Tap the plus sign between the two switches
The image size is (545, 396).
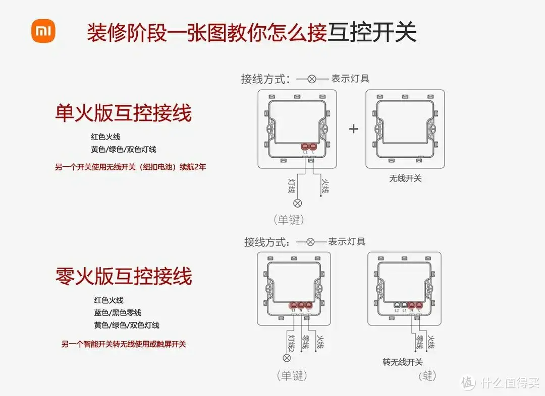(354, 128)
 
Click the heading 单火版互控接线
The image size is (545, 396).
(123, 113)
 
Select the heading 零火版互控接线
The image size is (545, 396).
(124, 277)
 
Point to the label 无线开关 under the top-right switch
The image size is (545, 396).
(405, 178)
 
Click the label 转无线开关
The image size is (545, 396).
(402, 362)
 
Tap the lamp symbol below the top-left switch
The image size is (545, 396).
(298, 204)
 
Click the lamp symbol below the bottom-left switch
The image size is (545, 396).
(287, 358)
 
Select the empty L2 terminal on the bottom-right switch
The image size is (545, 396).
(397, 305)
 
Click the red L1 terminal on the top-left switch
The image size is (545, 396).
(305, 147)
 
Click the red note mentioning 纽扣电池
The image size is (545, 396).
(130, 167)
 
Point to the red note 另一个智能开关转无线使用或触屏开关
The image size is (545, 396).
(124, 345)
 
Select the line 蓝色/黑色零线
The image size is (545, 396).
(118, 313)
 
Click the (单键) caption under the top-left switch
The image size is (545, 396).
(289, 220)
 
